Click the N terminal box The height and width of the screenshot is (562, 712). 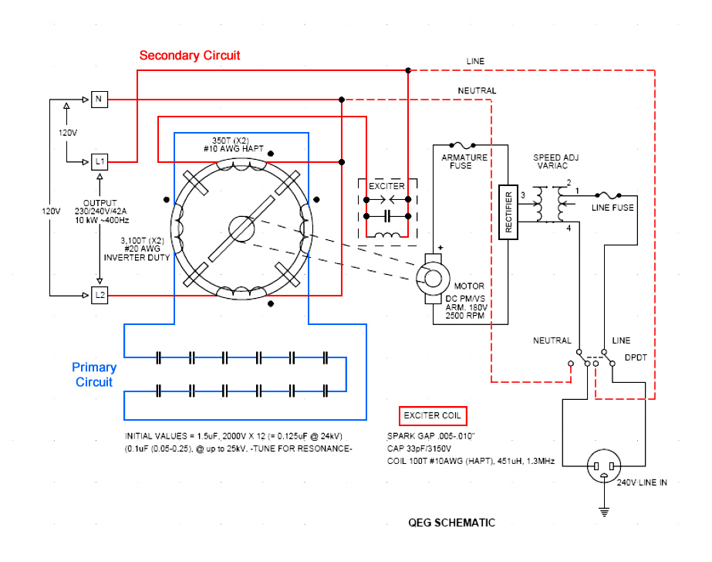100,100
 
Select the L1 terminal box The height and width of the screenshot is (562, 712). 100,162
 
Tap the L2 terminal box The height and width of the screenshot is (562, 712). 100,296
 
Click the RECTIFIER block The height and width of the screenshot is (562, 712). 508,212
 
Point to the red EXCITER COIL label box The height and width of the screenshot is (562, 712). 432,415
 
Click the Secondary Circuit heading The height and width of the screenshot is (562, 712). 189,56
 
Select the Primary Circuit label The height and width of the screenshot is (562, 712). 94,374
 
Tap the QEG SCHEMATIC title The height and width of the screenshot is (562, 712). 451,523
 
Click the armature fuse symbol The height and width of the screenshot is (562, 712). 462,145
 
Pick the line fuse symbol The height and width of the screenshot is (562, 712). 608,195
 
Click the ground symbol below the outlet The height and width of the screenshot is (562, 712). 604,512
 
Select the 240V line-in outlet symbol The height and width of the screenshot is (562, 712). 604,466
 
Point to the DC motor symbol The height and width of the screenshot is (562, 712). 433,279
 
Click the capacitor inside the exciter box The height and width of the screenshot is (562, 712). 387,216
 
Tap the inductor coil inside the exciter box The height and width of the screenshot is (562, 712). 387,235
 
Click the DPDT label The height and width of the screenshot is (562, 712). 636,357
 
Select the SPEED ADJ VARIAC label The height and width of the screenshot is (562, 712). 556,161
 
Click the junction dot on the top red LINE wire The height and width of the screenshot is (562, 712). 408,70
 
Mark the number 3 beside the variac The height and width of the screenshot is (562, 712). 523,195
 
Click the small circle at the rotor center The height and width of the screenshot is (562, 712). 241,229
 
